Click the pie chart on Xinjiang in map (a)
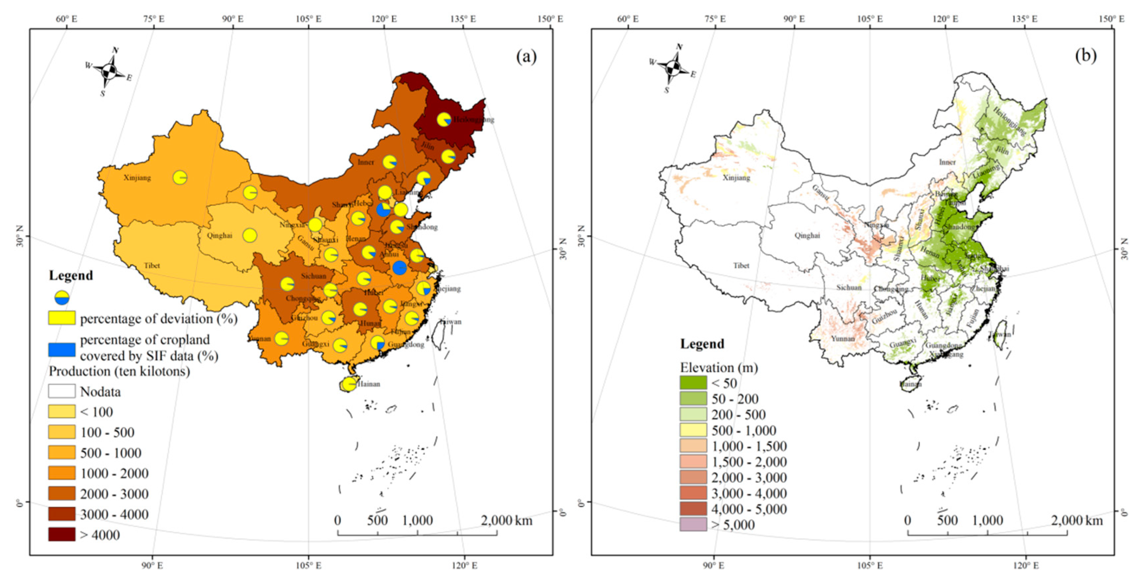click(x=180, y=177)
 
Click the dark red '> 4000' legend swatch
click(x=62, y=535)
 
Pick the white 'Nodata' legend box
click(x=62, y=391)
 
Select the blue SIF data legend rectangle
click(x=62, y=349)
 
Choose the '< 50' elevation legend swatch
click(x=693, y=383)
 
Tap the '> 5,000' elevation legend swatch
click(x=693, y=524)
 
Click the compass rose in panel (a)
click(x=108, y=71)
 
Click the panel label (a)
click(x=526, y=57)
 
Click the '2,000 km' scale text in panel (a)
click(x=506, y=520)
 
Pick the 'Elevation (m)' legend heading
click(x=718, y=367)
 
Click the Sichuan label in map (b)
click(x=849, y=288)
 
